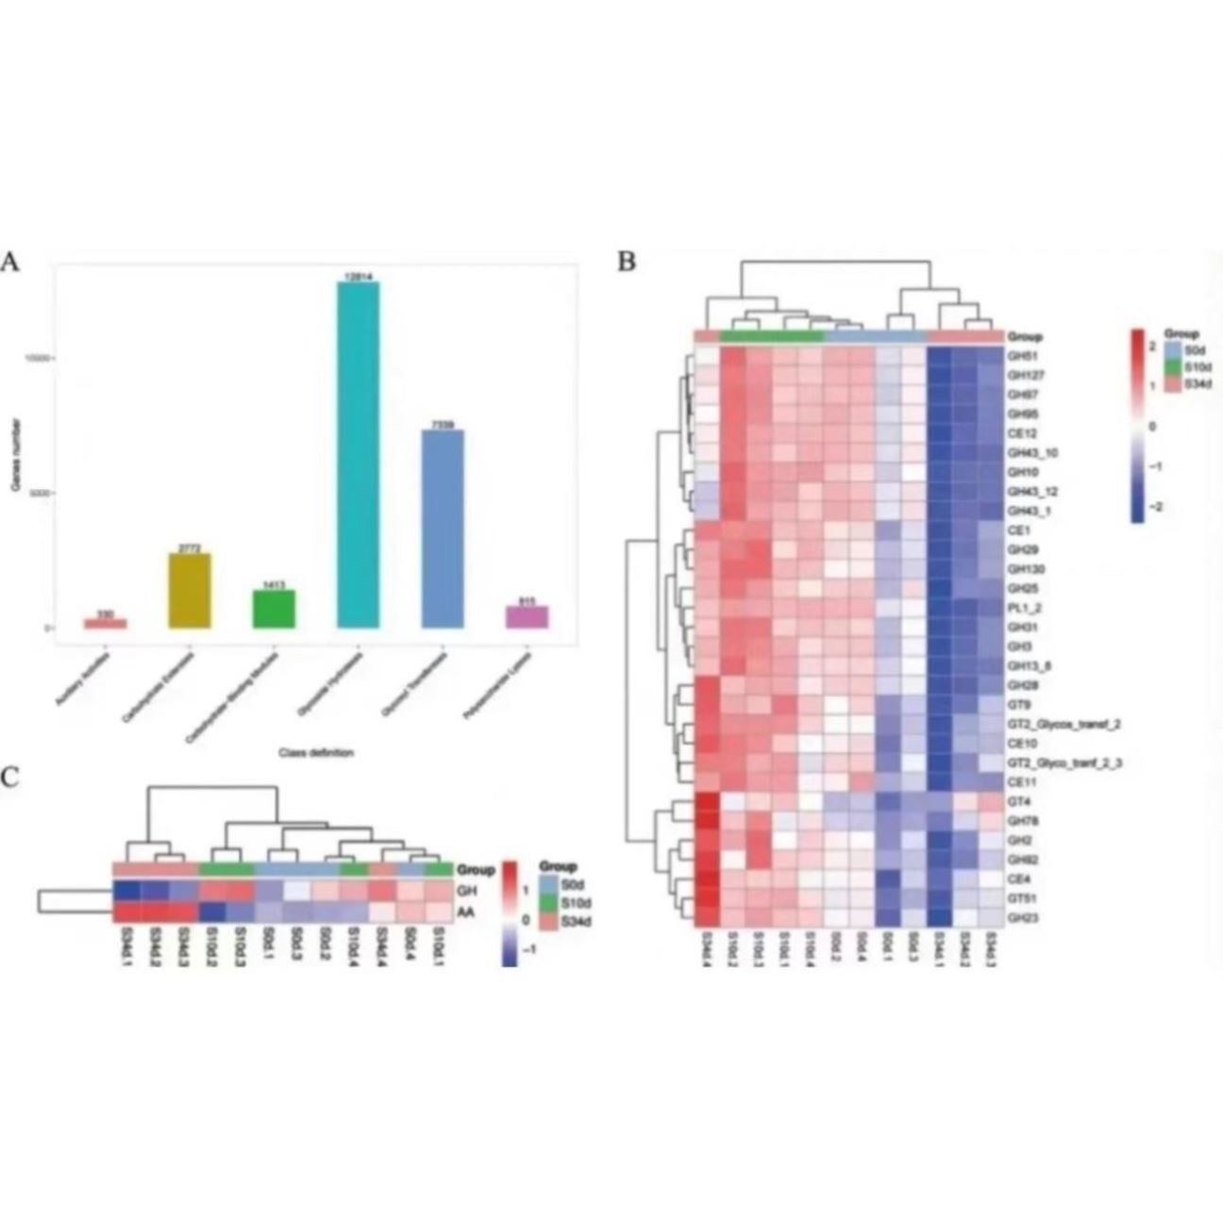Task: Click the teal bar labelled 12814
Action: pyautogui.click(x=358, y=454)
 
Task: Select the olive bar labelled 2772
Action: pyautogui.click(x=190, y=591)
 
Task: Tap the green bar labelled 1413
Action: pyautogui.click(x=274, y=609)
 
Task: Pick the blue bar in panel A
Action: pyautogui.click(x=443, y=528)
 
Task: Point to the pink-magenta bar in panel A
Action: pyautogui.click(x=527, y=616)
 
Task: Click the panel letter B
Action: pyautogui.click(x=627, y=263)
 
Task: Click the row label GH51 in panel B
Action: pyautogui.click(x=1020, y=356)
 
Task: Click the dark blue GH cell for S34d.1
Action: pyautogui.click(x=126, y=892)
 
